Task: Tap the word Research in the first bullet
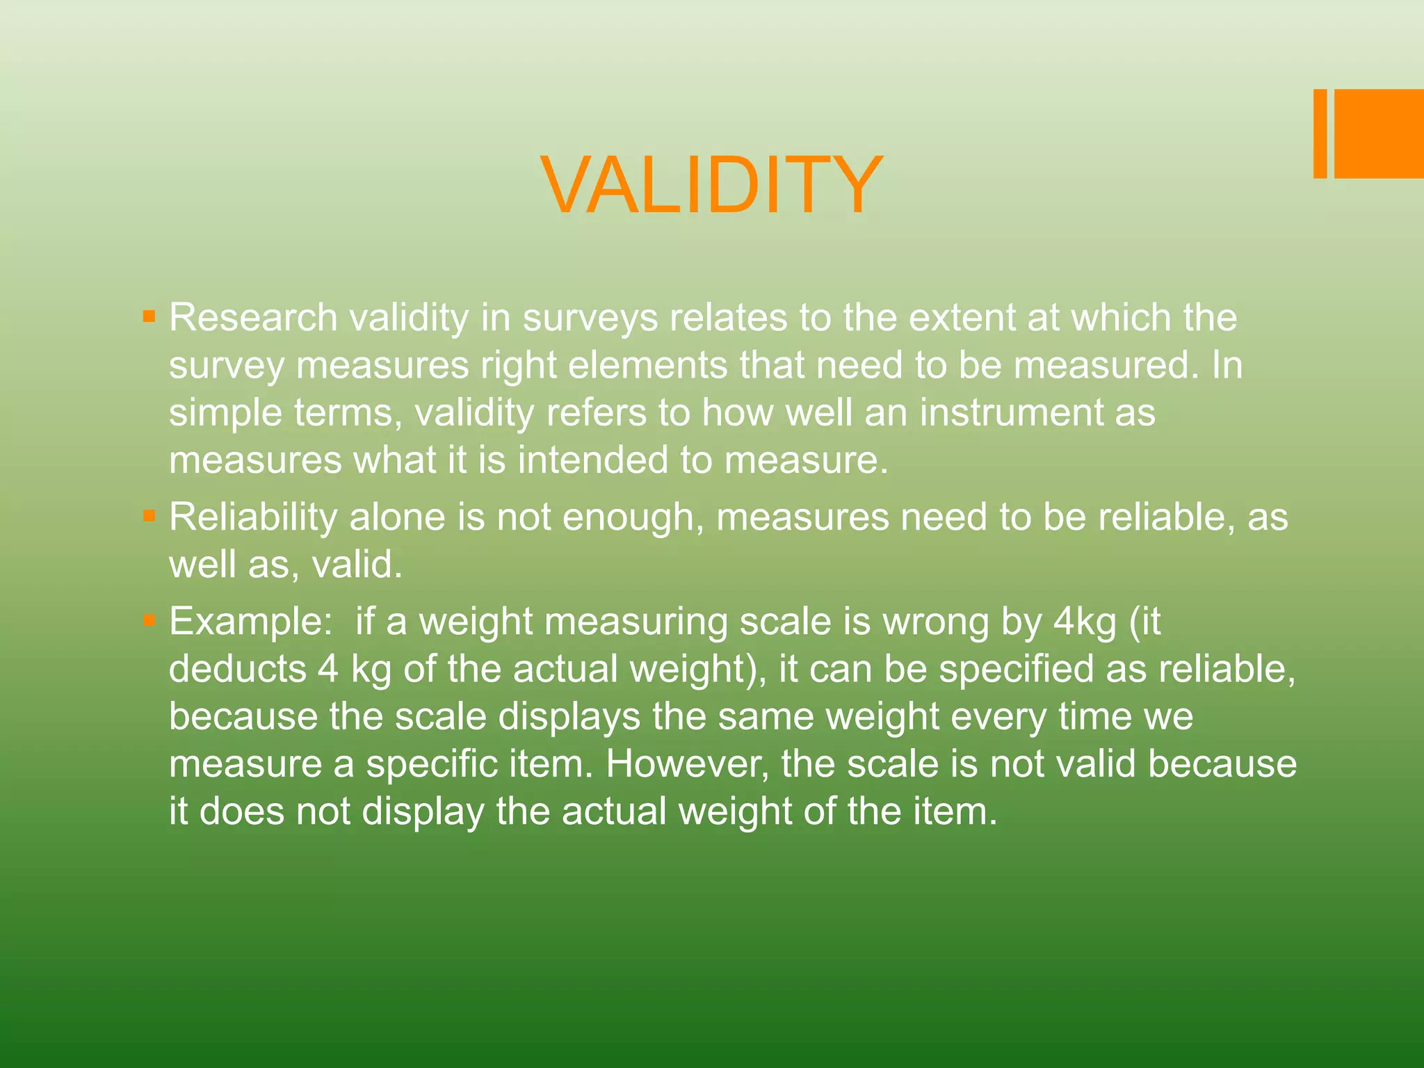pyautogui.click(x=253, y=318)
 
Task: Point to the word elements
pyautogui.click(x=647, y=365)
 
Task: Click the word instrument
pyautogui.click(x=1012, y=412)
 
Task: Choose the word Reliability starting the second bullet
pyautogui.click(x=253, y=517)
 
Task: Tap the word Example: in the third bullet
pyautogui.click(x=251, y=622)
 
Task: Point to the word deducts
pyautogui.click(x=237, y=669)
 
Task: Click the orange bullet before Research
pyautogui.click(x=148, y=317)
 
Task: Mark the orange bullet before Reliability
pyautogui.click(x=148, y=517)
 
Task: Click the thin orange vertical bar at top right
pyautogui.click(x=1320, y=133)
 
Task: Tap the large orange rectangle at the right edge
pyautogui.click(x=1379, y=133)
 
